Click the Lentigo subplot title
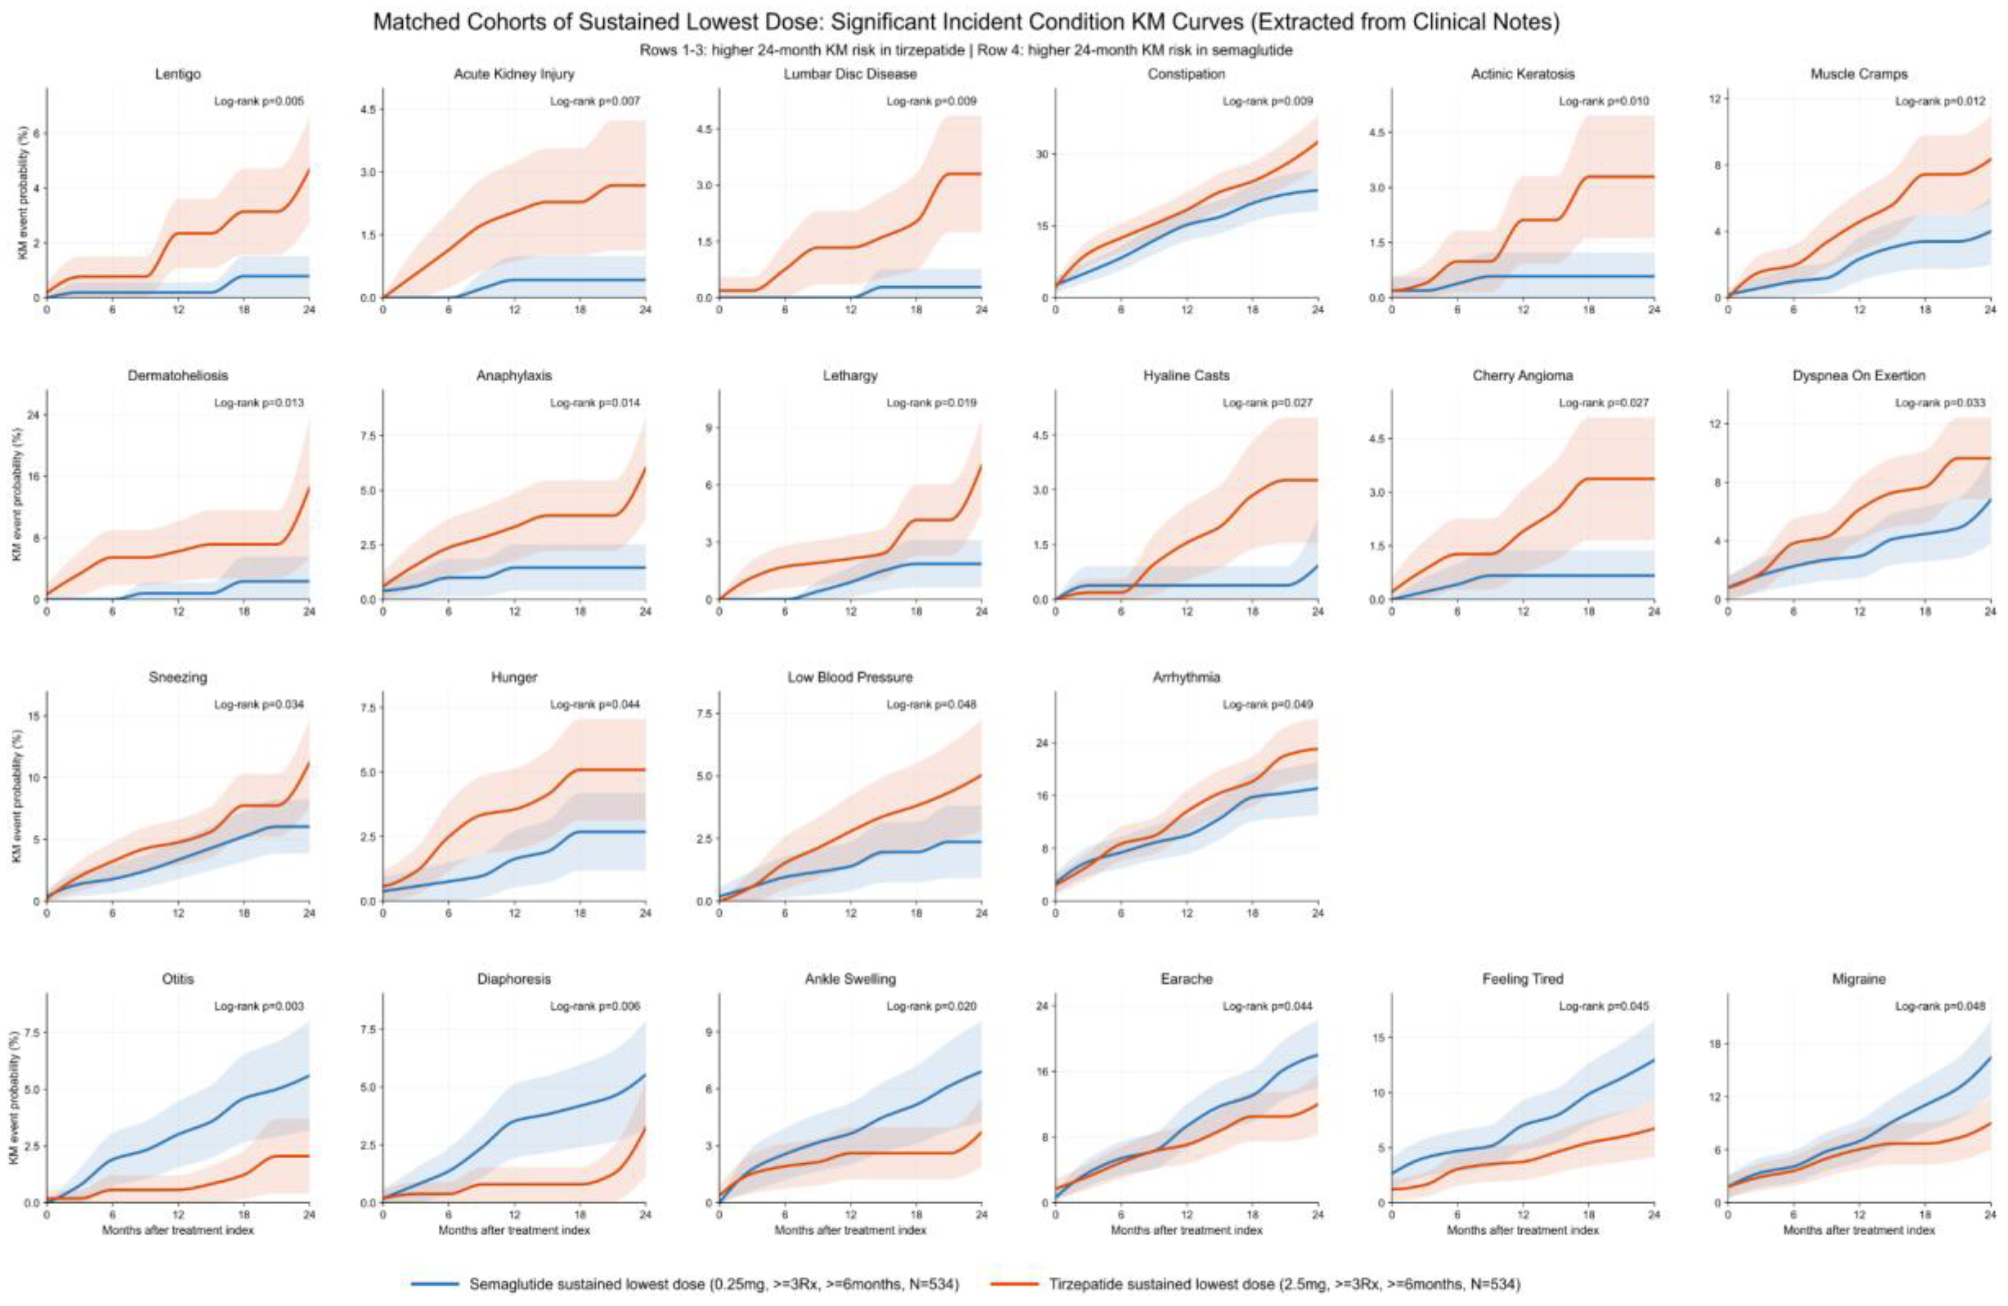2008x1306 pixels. (178, 74)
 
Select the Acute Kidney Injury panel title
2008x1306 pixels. (514, 74)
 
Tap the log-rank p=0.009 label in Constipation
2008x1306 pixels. (1267, 101)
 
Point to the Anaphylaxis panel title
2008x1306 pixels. (514, 376)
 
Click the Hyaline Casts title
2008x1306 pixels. (1186, 376)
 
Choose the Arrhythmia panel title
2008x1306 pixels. (1186, 678)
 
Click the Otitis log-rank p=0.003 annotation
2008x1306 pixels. (258, 1007)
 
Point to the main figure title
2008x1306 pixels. (966, 23)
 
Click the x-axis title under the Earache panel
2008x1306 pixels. (1186, 1230)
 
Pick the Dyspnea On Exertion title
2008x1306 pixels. (1859, 376)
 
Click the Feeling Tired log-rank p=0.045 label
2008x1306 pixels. (1603, 1007)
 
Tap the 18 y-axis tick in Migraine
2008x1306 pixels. (1712, 1044)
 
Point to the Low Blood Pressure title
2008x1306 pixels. (850, 678)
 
